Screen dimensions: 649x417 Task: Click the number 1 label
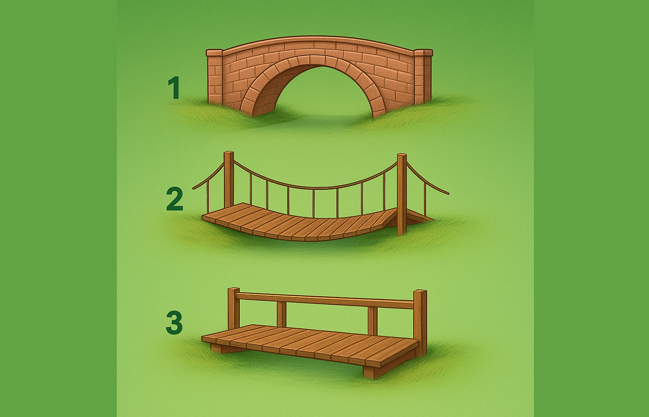(x=174, y=88)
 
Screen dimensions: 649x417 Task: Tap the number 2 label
(x=175, y=199)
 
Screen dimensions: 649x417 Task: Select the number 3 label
(x=174, y=322)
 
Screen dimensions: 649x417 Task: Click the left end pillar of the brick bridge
(x=215, y=77)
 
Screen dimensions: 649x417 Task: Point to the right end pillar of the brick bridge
(x=423, y=77)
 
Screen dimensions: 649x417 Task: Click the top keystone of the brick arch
(x=317, y=60)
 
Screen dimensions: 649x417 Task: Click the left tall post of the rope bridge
(x=229, y=180)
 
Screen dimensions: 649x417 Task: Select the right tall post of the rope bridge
(x=402, y=194)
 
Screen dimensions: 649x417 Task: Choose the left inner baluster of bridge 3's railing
(x=282, y=314)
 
